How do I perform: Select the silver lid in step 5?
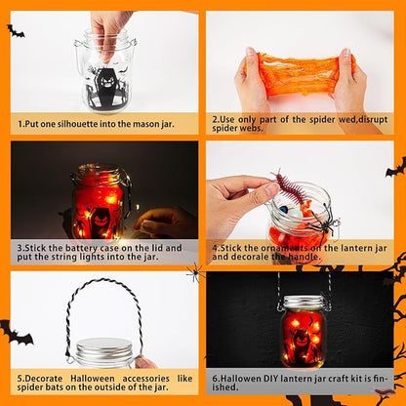click(x=103, y=351)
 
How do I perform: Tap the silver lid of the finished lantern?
click(x=304, y=304)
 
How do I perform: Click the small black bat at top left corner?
click(x=15, y=32)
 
